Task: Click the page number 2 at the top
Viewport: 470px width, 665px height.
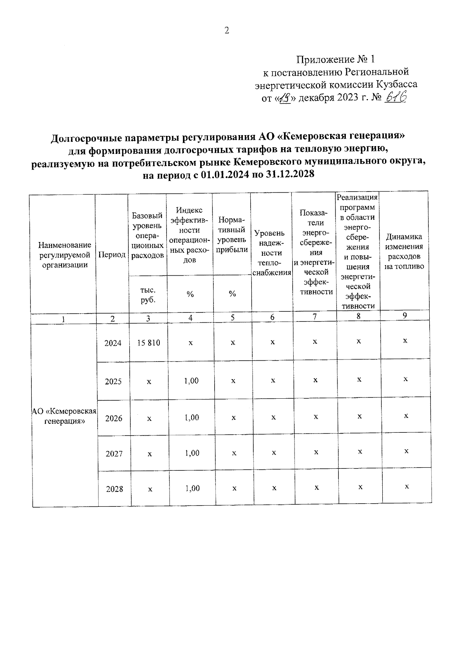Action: [226, 31]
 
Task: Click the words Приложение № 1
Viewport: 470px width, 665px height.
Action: [335, 60]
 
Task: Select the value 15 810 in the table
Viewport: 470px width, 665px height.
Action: [148, 343]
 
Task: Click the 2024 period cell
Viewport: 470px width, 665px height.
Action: [113, 343]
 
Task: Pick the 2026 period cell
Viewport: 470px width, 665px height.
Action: [114, 418]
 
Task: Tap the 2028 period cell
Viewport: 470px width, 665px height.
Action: [114, 489]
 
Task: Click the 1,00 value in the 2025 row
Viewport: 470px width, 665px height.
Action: [192, 381]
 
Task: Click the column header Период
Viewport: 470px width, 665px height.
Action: [112, 255]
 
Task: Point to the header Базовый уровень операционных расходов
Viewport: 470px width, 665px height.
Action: [147, 235]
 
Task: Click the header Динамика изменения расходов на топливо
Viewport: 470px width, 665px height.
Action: [404, 251]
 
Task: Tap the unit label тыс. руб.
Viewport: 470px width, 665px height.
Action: [147, 295]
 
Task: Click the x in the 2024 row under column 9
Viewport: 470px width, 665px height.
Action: [405, 341]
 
